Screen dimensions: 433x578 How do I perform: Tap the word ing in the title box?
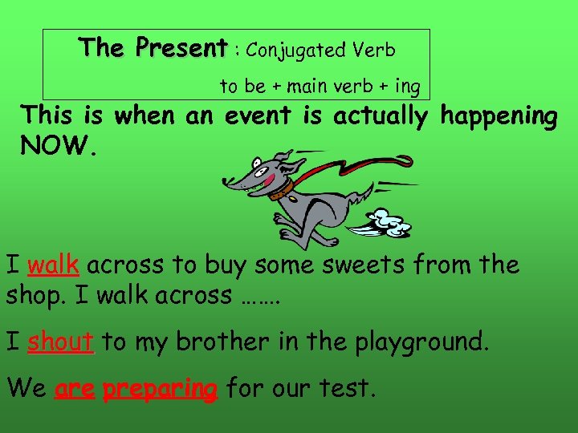pyautogui.click(x=407, y=86)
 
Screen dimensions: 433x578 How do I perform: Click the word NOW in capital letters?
pyautogui.click(x=55, y=146)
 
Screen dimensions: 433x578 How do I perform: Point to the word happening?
pyautogui.click(x=499, y=117)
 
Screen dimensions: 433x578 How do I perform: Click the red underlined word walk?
pyautogui.click(x=53, y=265)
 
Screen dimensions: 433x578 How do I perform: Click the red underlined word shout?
pyautogui.click(x=61, y=342)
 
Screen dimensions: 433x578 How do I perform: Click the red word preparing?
pyautogui.click(x=160, y=390)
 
